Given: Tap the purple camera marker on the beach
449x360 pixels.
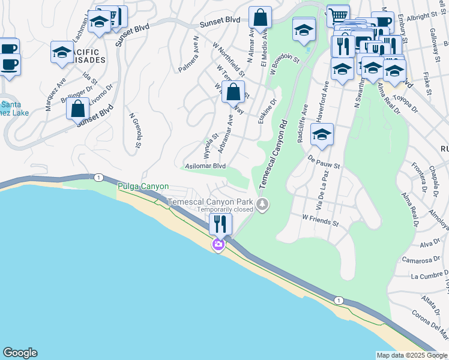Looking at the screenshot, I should (218, 244).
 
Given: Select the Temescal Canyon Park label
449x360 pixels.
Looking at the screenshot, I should (210, 202).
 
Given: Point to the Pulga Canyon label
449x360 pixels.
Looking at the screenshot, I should (143, 187).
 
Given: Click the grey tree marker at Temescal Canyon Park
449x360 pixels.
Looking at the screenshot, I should (262, 205).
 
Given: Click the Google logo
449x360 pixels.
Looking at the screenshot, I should (20, 353).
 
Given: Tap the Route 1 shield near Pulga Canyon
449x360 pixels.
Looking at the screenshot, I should (98, 177).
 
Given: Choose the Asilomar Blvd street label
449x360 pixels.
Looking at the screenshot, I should (205, 166).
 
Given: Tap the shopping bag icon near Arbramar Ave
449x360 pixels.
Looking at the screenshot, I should (233, 92).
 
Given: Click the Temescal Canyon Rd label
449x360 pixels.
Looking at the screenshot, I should (274, 155).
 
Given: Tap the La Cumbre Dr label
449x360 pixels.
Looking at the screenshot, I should (427, 276).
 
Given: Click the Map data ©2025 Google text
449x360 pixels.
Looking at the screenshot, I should (412, 355).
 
